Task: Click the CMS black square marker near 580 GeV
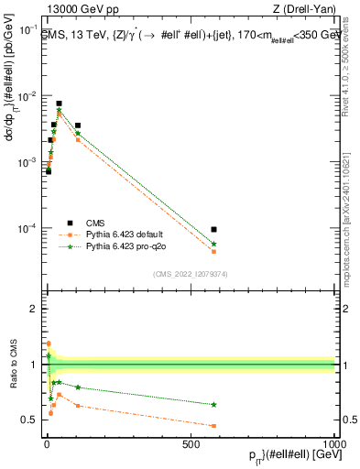tap(213, 229)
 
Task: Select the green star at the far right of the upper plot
tap(213, 245)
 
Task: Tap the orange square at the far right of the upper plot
tap(213, 251)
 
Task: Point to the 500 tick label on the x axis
tap(191, 443)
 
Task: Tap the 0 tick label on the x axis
tap(47, 443)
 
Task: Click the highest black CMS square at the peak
tap(59, 104)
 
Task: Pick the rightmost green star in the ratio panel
tap(213, 404)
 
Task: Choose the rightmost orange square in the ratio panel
tap(213, 426)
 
